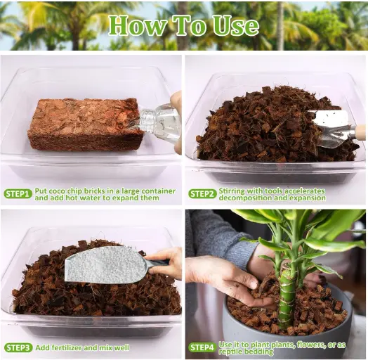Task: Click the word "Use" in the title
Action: click(x=235, y=25)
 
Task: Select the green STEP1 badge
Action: click(x=18, y=194)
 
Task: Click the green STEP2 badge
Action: click(x=202, y=194)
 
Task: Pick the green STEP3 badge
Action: click(x=18, y=348)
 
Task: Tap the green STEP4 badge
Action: click(x=202, y=348)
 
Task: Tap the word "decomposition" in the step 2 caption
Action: click(x=245, y=198)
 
